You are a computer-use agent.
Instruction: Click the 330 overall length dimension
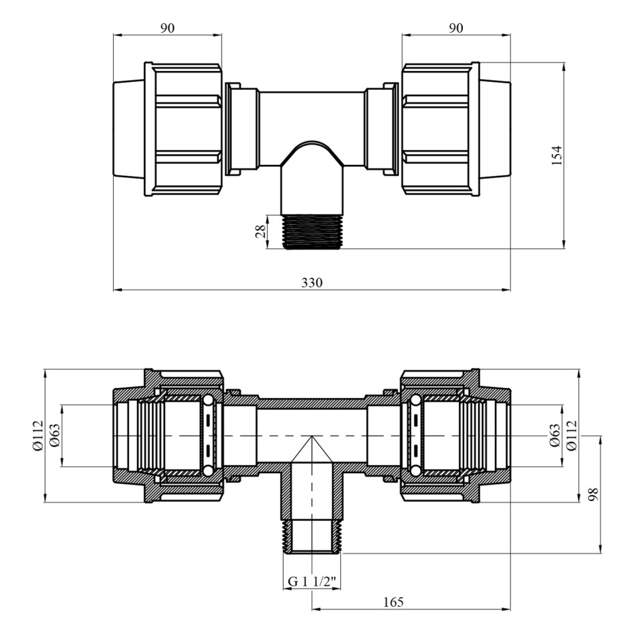click(312, 282)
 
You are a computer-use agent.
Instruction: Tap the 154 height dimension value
click(557, 155)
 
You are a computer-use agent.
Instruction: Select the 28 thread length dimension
click(261, 231)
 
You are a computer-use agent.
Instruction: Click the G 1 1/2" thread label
click(312, 582)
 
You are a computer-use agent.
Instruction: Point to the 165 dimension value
click(393, 602)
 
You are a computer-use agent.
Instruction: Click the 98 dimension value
click(593, 494)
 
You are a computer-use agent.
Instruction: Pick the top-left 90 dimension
click(168, 28)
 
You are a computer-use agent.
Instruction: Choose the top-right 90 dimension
click(455, 28)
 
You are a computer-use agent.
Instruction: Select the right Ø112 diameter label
click(571, 436)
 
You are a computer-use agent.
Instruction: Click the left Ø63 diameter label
click(55, 436)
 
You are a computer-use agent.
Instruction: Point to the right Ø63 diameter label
click(554, 436)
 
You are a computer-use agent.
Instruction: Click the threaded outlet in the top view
click(312, 232)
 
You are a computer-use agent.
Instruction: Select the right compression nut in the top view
click(440, 130)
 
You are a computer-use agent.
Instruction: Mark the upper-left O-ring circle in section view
click(209, 401)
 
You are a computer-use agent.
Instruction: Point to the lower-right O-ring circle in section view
click(415, 470)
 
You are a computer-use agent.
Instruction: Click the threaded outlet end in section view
click(312, 536)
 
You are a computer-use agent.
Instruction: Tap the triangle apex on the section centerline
click(312, 436)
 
